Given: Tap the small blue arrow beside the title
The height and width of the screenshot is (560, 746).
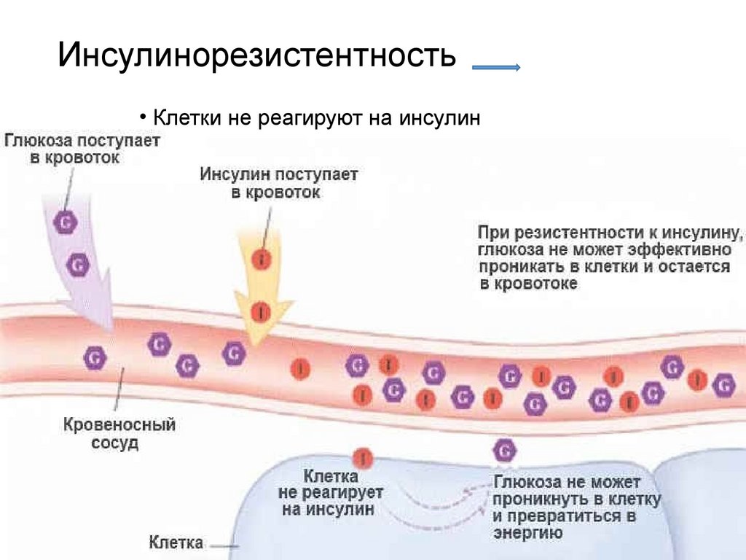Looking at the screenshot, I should point(495,68).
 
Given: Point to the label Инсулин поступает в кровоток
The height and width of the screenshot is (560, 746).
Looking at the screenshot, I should point(279,184).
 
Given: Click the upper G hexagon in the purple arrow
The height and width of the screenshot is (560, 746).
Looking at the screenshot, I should point(65,222).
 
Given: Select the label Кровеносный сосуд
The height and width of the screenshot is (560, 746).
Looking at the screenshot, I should point(119,433).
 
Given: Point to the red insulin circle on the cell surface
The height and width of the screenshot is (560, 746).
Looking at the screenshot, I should point(363,458).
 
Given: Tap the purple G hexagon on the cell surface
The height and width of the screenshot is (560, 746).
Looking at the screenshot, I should point(504,451).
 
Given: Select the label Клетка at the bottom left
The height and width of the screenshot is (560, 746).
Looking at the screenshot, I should point(176,542).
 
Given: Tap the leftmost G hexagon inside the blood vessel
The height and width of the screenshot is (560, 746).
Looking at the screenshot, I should point(95,357).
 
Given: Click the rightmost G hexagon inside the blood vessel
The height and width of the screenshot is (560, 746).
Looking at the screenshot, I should point(723,384).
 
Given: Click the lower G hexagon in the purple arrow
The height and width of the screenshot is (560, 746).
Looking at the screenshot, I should point(77,265).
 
